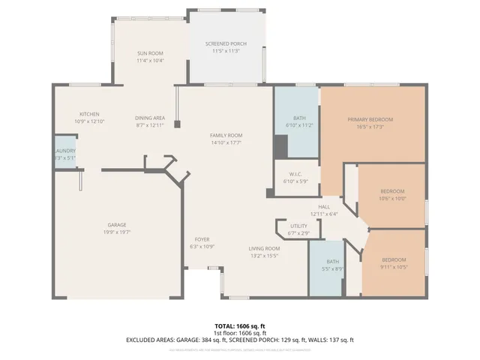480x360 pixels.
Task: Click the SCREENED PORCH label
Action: [226, 44]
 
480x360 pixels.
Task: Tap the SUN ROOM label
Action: [150, 52]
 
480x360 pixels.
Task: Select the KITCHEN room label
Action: [69, 113]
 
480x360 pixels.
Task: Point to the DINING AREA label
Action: [150, 118]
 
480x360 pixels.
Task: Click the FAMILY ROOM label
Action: [226, 135]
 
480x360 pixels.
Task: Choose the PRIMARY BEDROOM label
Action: [370, 119]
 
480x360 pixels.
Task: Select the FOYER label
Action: [202, 239]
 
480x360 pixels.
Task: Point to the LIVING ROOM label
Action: [264, 248]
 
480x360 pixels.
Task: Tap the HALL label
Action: [324, 206]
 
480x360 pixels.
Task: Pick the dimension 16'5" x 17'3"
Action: [370, 127]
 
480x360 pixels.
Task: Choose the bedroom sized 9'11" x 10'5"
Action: [394, 263]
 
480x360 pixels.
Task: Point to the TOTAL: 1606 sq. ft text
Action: [240, 326]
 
